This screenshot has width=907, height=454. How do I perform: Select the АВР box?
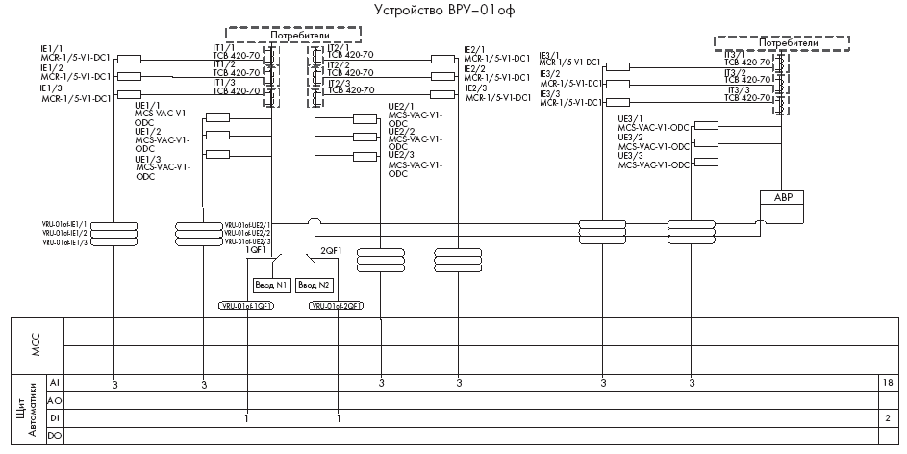point(781,198)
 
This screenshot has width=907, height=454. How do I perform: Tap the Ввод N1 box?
point(270,285)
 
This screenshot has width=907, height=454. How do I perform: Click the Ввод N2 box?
point(315,285)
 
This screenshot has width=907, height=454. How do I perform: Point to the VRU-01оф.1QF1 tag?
point(247,306)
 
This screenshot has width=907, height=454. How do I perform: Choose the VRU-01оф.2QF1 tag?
point(337,306)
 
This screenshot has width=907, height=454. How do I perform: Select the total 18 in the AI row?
point(886,383)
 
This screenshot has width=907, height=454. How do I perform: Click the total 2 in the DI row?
point(886,418)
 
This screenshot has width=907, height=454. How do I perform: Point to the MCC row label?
point(38,344)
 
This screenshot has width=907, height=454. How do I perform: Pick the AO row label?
point(55,401)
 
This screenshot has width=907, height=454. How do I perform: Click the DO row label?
point(55,437)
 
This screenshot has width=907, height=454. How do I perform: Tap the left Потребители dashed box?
point(292,33)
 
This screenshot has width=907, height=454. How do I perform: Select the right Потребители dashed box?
point(788,43)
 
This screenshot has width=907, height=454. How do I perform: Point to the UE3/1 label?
point(630,119)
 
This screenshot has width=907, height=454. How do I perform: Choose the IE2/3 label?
point(475,88)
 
